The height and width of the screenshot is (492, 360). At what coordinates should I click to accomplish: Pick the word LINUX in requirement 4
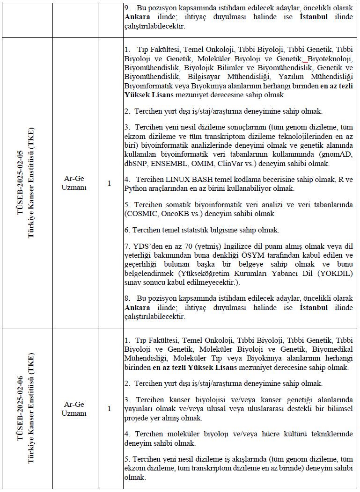point(178,180)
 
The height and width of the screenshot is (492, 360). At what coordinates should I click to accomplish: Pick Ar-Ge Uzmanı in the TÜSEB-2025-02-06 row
point(74,409)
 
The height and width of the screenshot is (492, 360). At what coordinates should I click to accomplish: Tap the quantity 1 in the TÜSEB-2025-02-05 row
point(110,183)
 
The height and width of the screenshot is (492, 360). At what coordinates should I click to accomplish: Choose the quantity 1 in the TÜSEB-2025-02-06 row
point(110,409)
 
